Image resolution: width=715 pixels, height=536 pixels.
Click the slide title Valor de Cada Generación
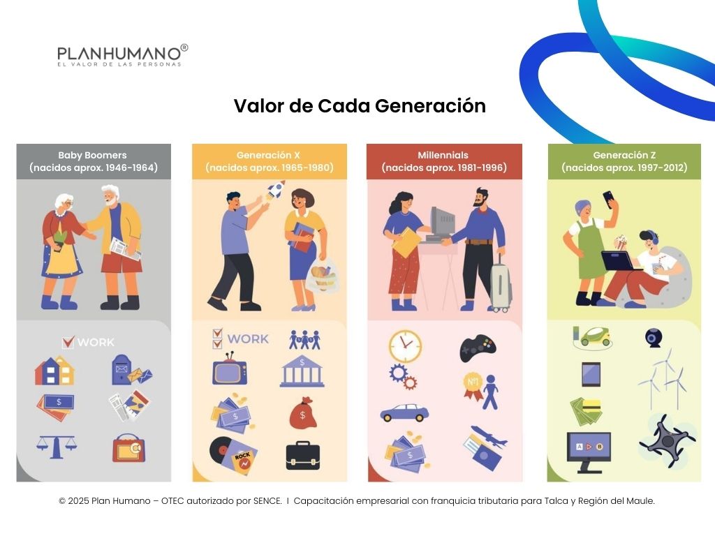click(x=359, y=106)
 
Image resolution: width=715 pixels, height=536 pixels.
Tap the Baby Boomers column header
click(x=94, y=161)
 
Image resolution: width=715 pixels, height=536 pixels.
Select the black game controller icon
click(x=478, y=348)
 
